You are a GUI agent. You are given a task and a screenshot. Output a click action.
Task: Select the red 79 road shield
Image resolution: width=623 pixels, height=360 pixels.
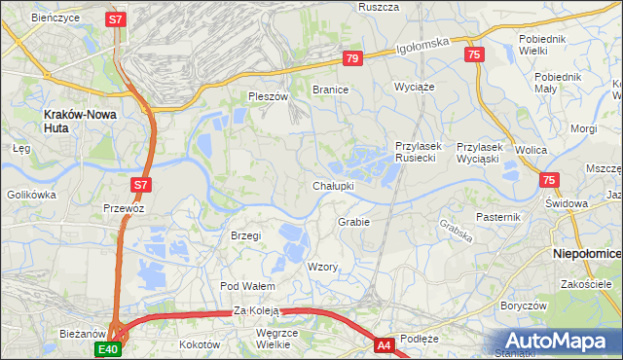[352, 60]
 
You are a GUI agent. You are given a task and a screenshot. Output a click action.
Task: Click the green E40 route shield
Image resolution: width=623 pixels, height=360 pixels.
[108, 348]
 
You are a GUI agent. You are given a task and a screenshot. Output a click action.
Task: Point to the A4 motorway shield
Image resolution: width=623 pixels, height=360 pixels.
[385, 344]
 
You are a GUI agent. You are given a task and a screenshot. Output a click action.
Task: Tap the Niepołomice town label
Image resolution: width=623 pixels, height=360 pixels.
[586, 253]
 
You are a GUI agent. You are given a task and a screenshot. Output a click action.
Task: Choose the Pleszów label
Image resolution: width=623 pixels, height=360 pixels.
[269, 97]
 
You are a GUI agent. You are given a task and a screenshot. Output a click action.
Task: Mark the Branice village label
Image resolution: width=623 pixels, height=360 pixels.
[330, 90]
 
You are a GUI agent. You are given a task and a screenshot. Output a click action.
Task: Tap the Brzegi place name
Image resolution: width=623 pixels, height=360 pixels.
[246, 235]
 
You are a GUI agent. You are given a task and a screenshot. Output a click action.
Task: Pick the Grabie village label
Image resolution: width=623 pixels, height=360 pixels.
[353, 222]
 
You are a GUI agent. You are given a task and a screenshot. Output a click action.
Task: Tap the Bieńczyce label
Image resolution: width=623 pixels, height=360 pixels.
[55, 18]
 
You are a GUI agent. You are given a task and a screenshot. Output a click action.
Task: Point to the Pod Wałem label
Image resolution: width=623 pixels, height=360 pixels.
[247, 286]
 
